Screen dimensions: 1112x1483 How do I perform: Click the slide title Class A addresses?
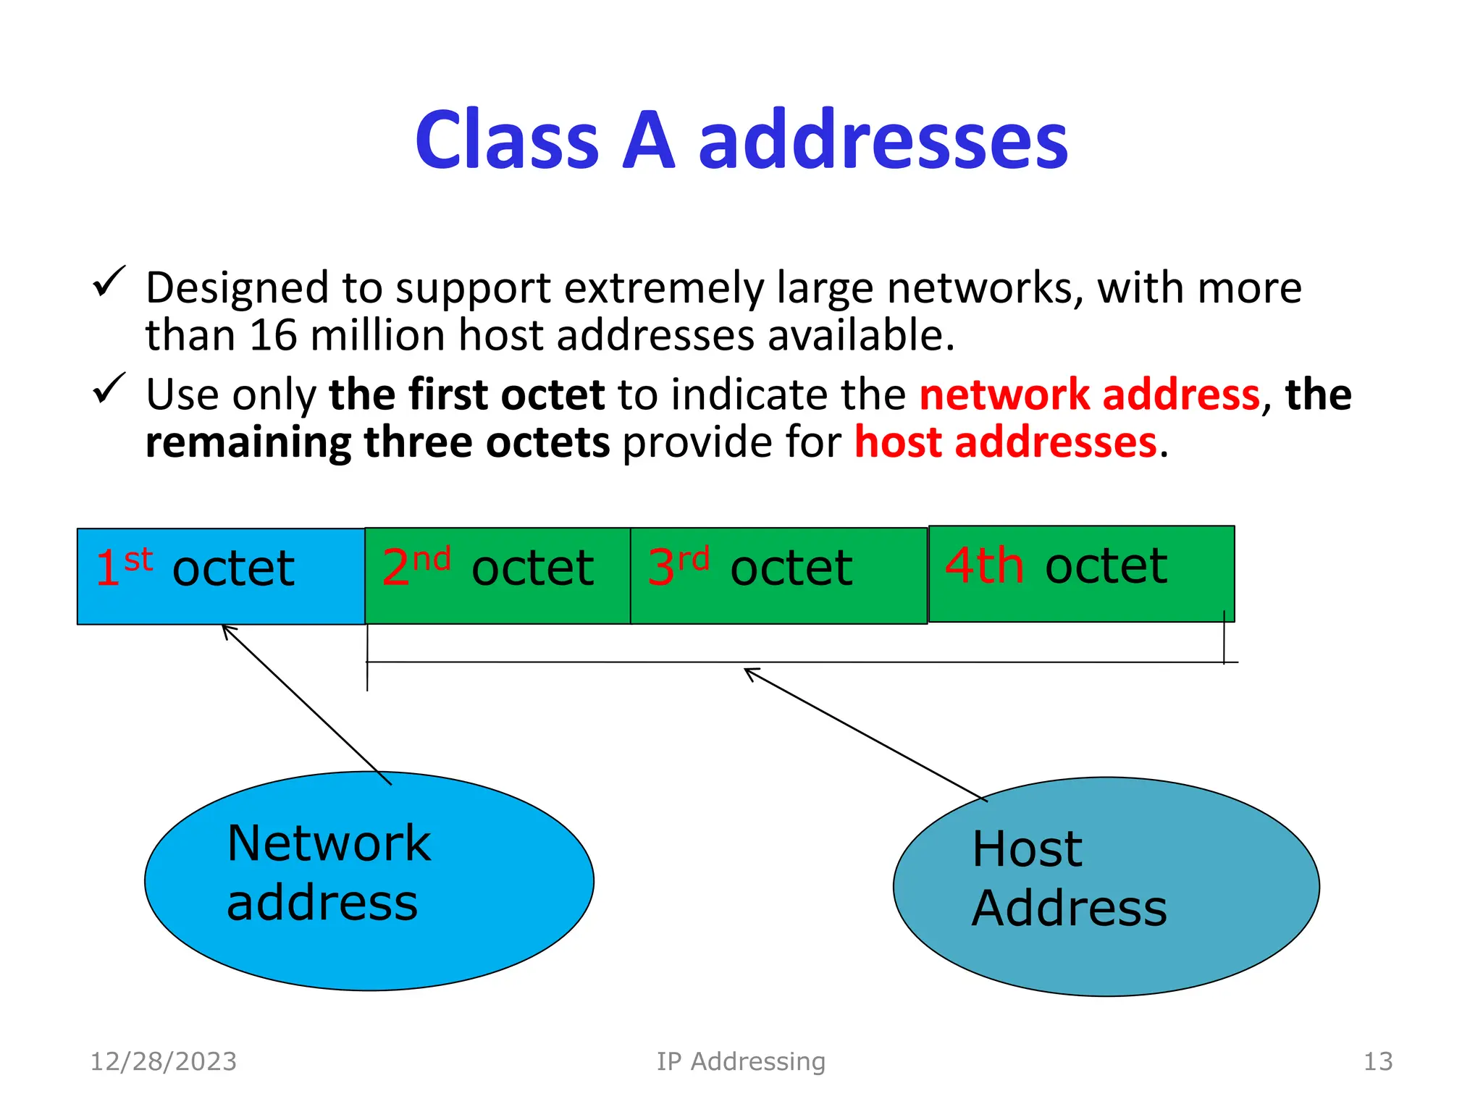point(741,140)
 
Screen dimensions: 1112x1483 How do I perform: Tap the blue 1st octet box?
point(221,576)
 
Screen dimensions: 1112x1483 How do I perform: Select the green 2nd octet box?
point(497,576)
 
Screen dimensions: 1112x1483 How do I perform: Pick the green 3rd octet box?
point(778,576)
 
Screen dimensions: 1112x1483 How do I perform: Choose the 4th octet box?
point(1081,573)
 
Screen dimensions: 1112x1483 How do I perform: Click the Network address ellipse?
point(369,880)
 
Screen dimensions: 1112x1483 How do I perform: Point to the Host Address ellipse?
point(1106,886)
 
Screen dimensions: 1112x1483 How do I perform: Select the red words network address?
point(1090,395)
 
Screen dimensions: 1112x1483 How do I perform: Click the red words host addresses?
point(1005,442)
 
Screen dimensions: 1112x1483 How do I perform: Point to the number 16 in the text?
point(273,336)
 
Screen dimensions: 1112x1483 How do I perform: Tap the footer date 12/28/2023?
point(163,1061)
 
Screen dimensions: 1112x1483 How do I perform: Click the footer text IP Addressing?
point(741,1061)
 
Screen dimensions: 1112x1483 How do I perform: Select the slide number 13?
point(1377,1061)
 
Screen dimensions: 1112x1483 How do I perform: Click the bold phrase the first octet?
point(466,395)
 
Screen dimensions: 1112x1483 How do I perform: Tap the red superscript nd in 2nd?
point(432,559)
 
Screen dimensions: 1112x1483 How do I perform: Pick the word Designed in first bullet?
point(237,288)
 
